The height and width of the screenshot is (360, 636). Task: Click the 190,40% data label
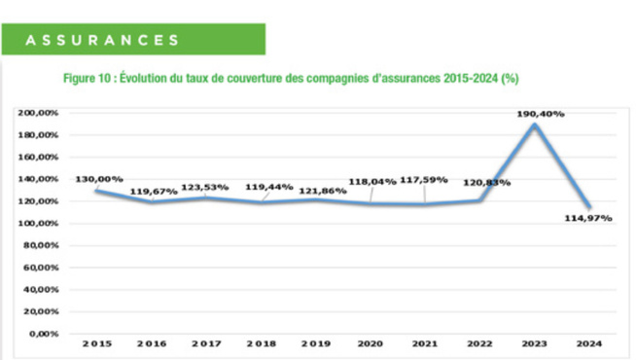[x=541, y=114]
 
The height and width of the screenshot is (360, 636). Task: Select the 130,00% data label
[x=98, y=178]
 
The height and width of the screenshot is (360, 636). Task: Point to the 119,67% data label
[x=154, y=192]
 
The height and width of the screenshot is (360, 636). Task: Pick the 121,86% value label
[x=317, y=187]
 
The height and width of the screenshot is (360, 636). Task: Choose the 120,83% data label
[x=483, y=181]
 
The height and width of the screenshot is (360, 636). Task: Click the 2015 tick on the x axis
[x=97, y=343]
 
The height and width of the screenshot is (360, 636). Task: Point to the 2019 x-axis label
[x=316, y=343]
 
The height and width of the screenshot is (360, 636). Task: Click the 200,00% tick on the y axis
[x=38, y=113]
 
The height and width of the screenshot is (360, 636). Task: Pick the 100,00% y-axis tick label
[x=38, y=223]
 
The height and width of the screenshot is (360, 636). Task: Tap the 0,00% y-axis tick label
[x=44, y=334]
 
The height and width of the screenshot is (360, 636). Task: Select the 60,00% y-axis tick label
[x=41, y=268]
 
